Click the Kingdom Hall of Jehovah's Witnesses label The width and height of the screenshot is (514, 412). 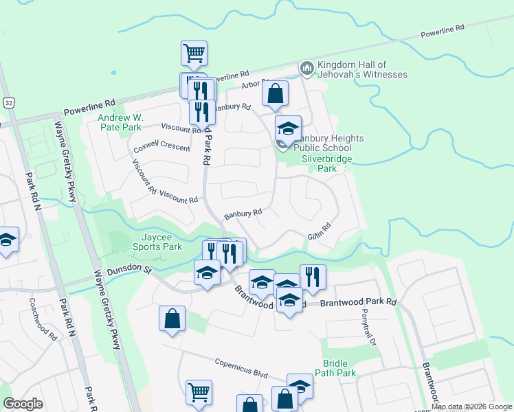tap(362, 69)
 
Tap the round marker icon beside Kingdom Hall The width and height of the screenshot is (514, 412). tap(306, 69)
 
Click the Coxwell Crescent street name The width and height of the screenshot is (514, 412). tap(161, 148)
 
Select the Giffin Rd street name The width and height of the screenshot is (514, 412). tap(320, 231)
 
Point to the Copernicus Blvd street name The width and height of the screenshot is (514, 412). tap(241, 369)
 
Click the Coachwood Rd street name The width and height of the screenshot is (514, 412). tap(43, 319)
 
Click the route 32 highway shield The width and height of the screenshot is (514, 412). tap(8, 102)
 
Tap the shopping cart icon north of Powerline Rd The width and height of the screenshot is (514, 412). tap(194, 52)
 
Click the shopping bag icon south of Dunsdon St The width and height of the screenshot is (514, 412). tap(172, 318)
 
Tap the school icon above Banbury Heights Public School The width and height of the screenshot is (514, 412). tap(289, 127)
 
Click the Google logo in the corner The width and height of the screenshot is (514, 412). tap(23, 404)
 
